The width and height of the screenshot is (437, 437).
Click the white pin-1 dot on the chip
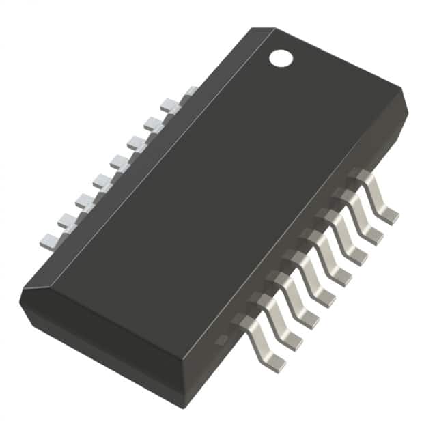point(281,58)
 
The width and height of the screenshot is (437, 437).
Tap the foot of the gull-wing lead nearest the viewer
point(272,363)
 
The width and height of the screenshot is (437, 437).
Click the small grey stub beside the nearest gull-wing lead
point(222,339)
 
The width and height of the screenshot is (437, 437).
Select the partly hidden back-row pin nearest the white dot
point(191,91)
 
